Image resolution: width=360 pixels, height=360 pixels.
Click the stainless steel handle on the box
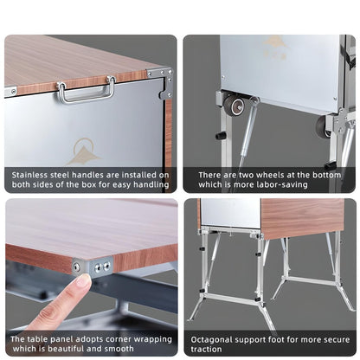click(x=85, y=89)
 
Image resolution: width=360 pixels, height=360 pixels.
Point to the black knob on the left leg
click(x=221, y=135)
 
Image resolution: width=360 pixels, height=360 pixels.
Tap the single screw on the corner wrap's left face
click(x=77, y=267)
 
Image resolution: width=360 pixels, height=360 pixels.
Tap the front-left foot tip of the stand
click(x=192, y=319)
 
